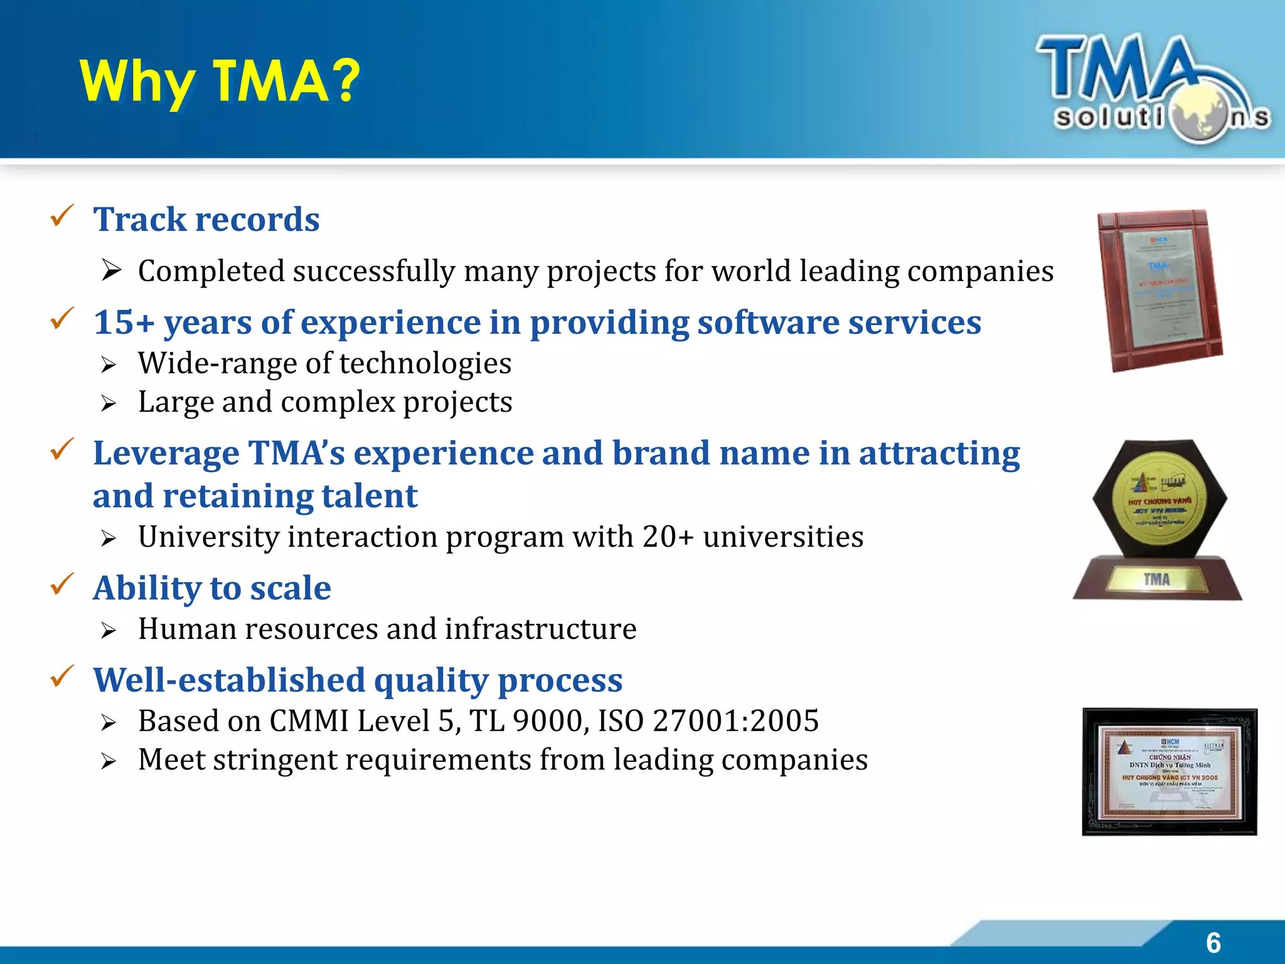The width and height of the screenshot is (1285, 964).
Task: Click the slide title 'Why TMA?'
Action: coord(220,82)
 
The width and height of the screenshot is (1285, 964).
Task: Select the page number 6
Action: coord(1213,943)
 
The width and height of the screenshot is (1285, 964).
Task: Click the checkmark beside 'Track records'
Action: coord(62,216)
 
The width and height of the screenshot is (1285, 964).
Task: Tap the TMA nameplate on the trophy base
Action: coord(1156,579)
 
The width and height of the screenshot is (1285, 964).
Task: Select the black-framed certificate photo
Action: coord(1170,772)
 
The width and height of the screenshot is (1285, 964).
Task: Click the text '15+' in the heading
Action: coord(124,323)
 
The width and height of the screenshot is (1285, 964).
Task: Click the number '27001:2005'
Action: coord(735,721)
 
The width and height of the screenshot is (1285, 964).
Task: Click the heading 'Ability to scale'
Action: coord(212,588)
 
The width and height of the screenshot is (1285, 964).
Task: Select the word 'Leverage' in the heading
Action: coord(166,453)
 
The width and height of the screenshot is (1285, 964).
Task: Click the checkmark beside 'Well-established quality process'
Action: coord(62,677)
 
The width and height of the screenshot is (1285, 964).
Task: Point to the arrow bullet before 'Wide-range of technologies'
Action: coord(109,365)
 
